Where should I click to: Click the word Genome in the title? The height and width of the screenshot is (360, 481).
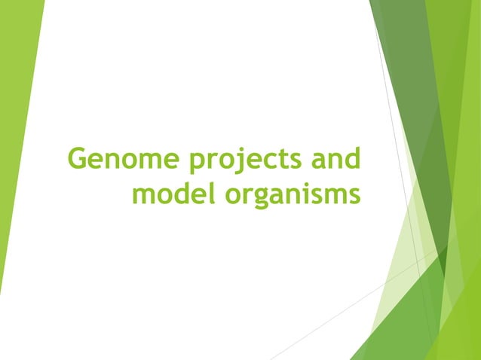click(115, 160)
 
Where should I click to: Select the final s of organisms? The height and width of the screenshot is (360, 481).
click(352, 195)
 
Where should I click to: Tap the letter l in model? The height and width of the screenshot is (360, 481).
click(202, 192)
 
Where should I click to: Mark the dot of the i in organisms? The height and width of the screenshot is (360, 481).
click(301, 183)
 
